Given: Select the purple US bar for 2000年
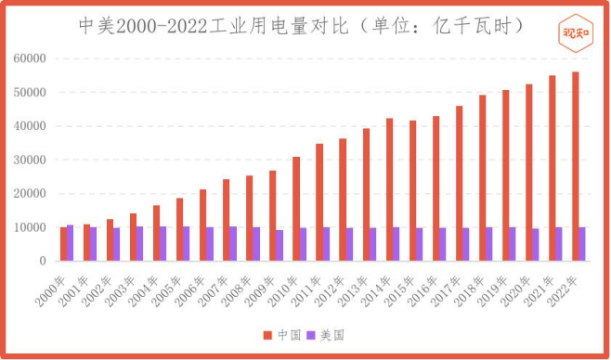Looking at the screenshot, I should pos(71,243).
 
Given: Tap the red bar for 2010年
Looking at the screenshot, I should pos(296,209).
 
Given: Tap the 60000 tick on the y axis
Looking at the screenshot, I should pos(30,58).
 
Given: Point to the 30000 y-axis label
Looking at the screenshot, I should pos(30,160).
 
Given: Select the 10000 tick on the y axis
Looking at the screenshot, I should pos(30,227).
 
